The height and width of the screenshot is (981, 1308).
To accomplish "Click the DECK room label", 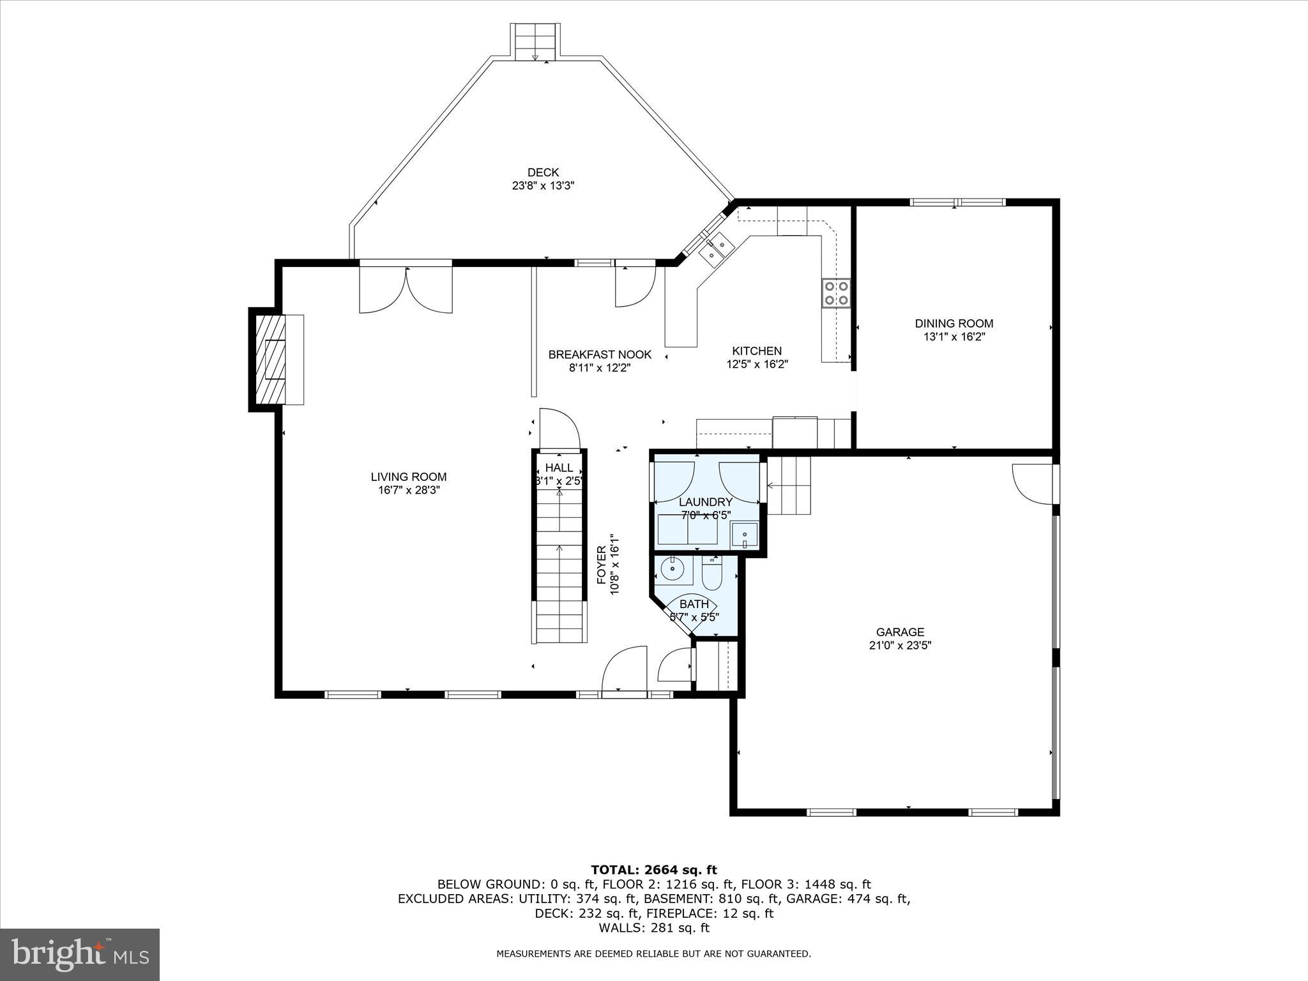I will (x=543, y=172).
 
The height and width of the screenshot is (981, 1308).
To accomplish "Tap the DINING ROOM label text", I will (x=954, y=324).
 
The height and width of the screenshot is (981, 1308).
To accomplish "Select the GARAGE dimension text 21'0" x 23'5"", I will (x=900, y=646).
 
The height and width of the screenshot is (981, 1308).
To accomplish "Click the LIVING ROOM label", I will (x=409, y=477).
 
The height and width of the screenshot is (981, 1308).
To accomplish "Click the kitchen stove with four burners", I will (x=836, y=293).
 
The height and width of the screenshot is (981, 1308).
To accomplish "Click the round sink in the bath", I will (x=673, y=568).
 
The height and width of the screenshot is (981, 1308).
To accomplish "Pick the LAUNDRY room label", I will (x=706, y=502).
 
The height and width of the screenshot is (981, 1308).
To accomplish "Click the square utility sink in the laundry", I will (x=745, y=535).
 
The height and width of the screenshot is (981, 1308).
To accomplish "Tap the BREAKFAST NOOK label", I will (x=600, y=354).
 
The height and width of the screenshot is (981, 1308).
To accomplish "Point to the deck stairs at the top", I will (x=535, y=42).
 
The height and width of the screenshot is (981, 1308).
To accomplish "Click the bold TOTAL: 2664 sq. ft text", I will (x=654, y=870).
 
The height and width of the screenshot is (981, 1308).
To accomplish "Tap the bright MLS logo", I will (x=80, y=954).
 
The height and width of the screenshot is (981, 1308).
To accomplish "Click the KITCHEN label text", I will (x=757, y=351).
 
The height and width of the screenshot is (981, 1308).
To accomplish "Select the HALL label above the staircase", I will (x=559, y=468).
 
